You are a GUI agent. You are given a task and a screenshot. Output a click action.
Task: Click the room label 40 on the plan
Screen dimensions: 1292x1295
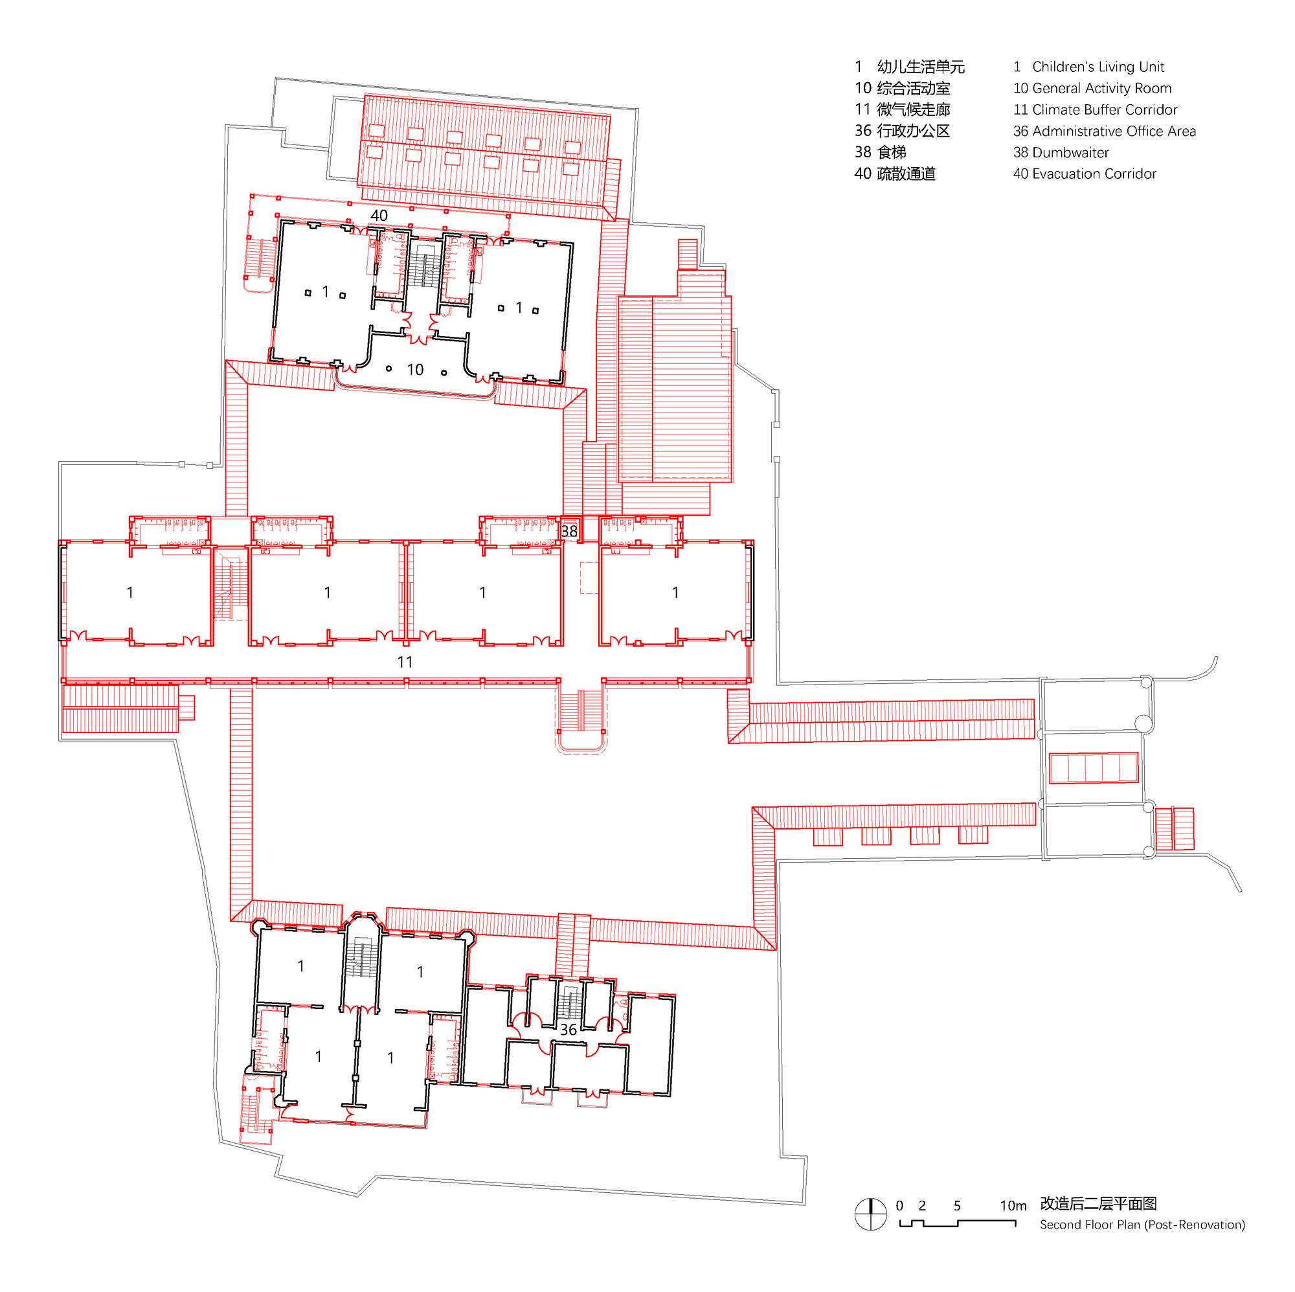click(379, 215)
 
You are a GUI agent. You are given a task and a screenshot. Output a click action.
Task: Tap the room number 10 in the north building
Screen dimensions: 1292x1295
click(415, 369)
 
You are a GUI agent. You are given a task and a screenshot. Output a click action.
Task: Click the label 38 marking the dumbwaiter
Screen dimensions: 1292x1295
click(569, 531)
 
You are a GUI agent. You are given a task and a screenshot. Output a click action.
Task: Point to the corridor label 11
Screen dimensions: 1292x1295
click(404, 662)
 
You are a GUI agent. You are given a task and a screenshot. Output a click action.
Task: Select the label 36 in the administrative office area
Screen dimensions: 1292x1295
click(568, 1029)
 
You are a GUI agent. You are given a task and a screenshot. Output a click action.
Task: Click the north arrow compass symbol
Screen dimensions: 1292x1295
click(870, 1214)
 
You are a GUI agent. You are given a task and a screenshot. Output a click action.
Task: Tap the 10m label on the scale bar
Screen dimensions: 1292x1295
click(1012, 1205)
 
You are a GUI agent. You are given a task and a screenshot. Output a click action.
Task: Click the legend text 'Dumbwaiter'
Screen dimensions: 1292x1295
click(1070, 152)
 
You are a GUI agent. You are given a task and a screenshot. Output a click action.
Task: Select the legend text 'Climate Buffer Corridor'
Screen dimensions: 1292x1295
click(1104, 109)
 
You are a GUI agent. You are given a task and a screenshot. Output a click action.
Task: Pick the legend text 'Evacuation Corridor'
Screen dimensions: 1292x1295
click(1094, 174)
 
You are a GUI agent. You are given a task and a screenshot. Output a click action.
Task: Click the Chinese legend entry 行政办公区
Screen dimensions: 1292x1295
click(913, 131)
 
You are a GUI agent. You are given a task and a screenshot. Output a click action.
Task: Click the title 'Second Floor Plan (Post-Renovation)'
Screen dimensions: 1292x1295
click(1142, 1224)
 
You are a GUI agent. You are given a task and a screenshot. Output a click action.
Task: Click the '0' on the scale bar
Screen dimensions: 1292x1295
click(899, 1205)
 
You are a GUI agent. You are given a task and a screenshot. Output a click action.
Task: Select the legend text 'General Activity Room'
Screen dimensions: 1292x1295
click(1101, 88)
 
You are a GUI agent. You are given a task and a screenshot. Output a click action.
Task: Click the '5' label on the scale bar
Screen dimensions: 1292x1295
click(956, 1205)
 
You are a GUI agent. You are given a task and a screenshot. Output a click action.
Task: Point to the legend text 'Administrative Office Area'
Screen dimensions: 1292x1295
click(1113, 131)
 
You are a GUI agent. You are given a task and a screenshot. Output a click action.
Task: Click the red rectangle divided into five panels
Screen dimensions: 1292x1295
click(1092, 767)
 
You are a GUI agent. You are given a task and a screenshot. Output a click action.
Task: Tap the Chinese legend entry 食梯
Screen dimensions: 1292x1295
click(892, 152)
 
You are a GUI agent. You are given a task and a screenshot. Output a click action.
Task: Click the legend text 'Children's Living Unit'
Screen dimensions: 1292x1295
click(1098, 66)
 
